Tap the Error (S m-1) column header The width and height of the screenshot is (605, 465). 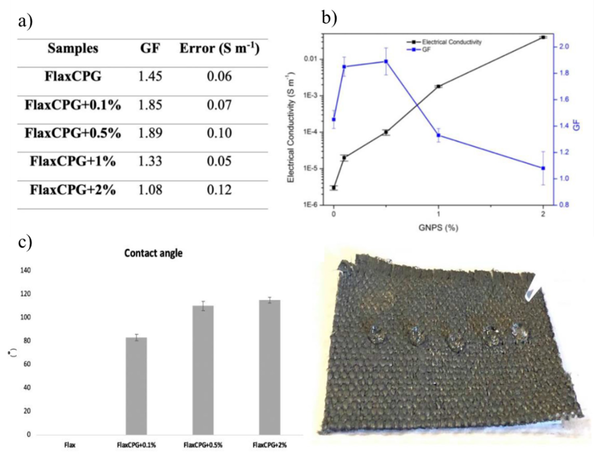tap(219, 48)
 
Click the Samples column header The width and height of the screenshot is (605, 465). tap(73, 48)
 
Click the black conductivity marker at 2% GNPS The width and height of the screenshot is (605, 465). tap(543, 37)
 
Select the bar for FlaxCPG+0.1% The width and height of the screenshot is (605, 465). tap(136, 386)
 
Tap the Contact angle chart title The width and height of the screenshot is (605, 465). tap(153, 253)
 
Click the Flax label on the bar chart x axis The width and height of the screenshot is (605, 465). tap(69, 445)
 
